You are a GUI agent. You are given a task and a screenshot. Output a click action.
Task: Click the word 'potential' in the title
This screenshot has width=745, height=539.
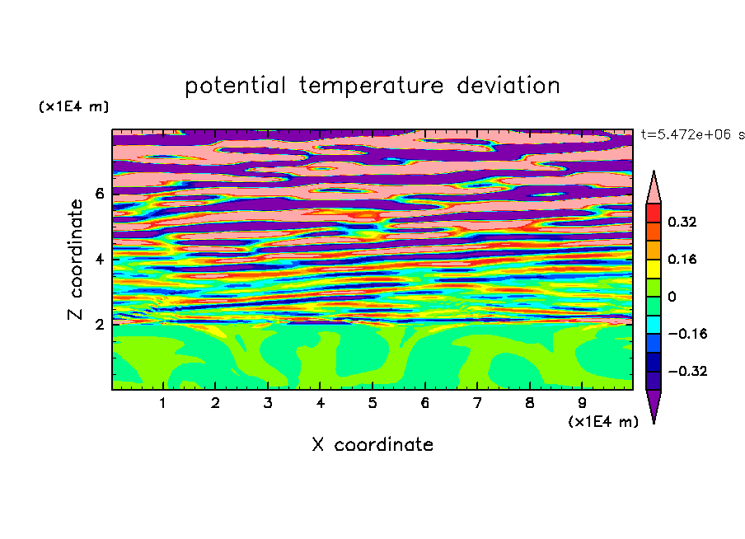tap(235, 87)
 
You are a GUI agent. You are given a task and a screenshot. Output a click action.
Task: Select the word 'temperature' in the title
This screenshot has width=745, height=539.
tap(372, 87)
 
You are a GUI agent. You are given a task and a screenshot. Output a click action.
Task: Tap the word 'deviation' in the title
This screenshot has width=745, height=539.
tap(508, 86)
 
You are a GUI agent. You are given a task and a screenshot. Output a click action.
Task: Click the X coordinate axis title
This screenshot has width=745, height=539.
tap(372, 444)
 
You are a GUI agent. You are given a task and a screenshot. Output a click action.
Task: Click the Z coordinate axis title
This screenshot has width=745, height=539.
tap(75, 260)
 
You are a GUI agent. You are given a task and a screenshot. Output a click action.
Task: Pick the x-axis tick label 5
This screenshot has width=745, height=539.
tap(372, 403)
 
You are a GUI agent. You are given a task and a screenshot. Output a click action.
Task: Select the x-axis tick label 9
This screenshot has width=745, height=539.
tap(582, 403)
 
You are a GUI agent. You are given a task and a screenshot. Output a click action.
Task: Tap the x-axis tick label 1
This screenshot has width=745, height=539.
tap(163, 403)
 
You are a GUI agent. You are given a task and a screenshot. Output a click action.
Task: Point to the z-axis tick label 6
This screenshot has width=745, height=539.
tap(99, 194)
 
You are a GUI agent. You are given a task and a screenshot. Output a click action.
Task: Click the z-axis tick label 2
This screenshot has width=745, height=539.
tap(99, 325)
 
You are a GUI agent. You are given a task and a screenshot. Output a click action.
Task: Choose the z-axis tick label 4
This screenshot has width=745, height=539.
tap(99, 260)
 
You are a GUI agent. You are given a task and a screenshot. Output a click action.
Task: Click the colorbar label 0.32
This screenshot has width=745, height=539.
tap(682, 222)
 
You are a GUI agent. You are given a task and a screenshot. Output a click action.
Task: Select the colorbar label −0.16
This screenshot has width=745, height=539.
tap(687, 334)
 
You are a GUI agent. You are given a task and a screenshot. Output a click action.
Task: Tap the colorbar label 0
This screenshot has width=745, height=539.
tap(672, 297)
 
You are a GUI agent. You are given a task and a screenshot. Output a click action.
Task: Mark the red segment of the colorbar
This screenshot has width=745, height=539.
tap(654, 213)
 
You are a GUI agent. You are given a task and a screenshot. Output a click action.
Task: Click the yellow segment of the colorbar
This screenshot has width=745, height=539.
tap(654, 269)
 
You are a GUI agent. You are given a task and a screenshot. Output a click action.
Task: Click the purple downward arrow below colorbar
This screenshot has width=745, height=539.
tap(654, 404)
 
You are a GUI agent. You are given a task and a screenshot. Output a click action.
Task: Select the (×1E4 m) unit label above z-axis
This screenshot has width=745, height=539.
tap(73, 106)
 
